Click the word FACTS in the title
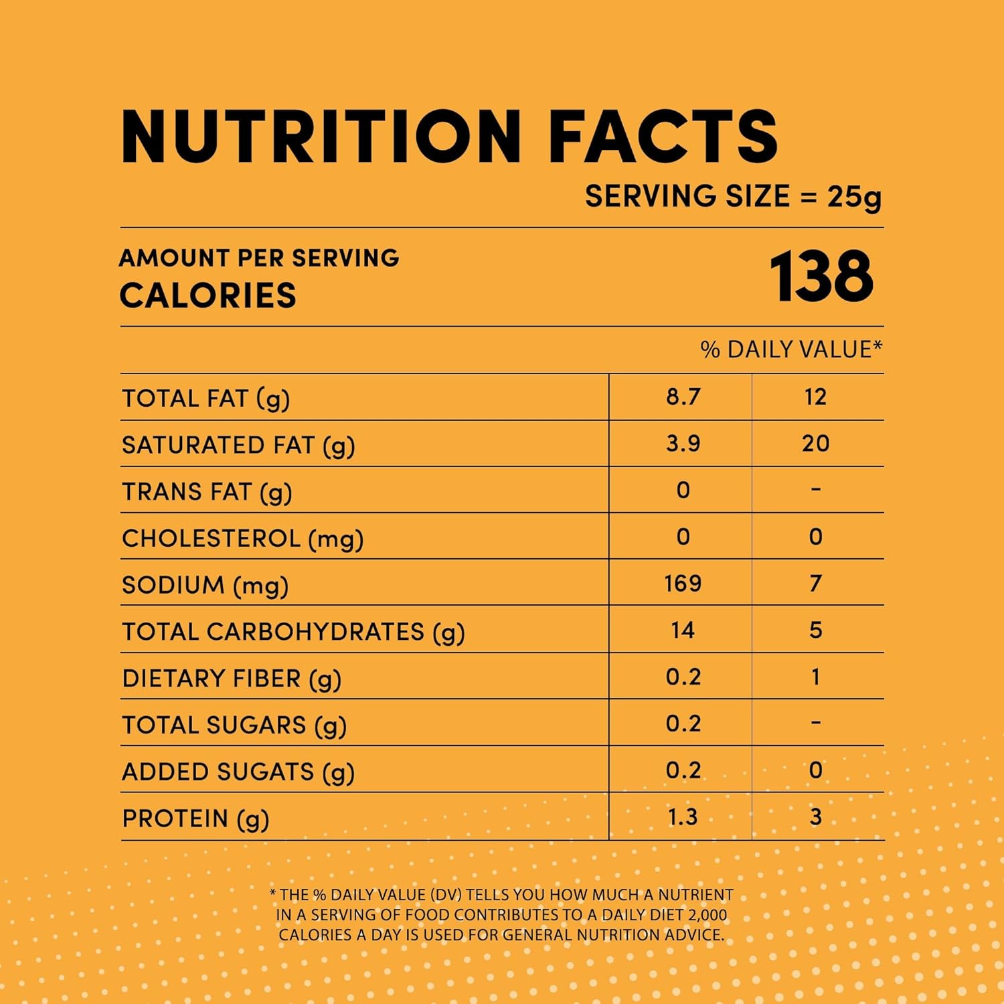(x=663, y=137)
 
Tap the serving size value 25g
(x=854, y=197)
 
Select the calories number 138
(x=821, y=276)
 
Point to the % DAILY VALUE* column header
(x=791, y=349)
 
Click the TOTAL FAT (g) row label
(x=205, y=399)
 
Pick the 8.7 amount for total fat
(x=683, y=397)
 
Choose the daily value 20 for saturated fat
(x=815, y=444)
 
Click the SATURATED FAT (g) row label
(x=238, y=446)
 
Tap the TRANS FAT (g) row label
(x=207, y=492)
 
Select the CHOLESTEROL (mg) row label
(x=242, y=539)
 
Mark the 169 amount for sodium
(x=683, y=584)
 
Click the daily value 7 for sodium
(x=815, y=584)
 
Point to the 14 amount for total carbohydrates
(x=683, y=631)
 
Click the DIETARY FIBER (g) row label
(x=232, y=679)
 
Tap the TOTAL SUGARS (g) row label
(x=234, y=726)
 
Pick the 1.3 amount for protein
(x=683, y=817)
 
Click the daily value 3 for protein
(x=815, y=817)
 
